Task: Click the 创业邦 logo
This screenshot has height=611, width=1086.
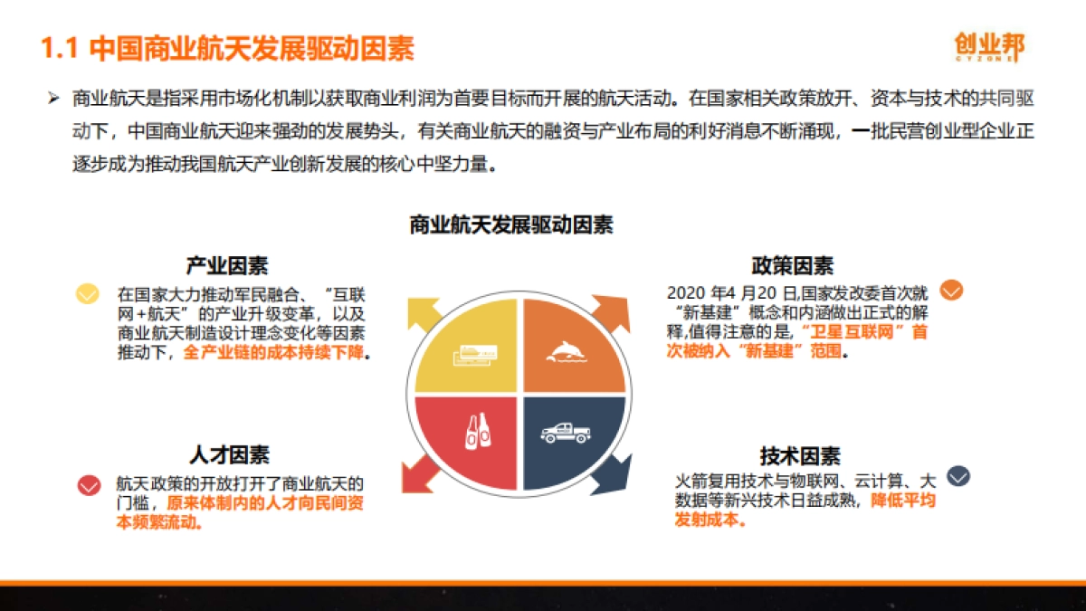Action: [989, 46]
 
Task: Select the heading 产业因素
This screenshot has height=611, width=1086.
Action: [227, 266]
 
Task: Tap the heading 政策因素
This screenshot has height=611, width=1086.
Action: [792, 266]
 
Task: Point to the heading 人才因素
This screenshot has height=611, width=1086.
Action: [229, 454]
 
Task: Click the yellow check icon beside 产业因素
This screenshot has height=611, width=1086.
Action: [88, 294]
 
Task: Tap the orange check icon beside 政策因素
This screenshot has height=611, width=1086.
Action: [951, 291]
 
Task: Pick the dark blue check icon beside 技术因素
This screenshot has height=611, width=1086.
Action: [958, 476]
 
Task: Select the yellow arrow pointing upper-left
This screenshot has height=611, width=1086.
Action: [423, 313]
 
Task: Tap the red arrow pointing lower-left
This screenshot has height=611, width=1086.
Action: [423, 473]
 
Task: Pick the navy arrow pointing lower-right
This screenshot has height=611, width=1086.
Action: [610, 475]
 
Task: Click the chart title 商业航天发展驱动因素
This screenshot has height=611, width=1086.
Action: [511, 224]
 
